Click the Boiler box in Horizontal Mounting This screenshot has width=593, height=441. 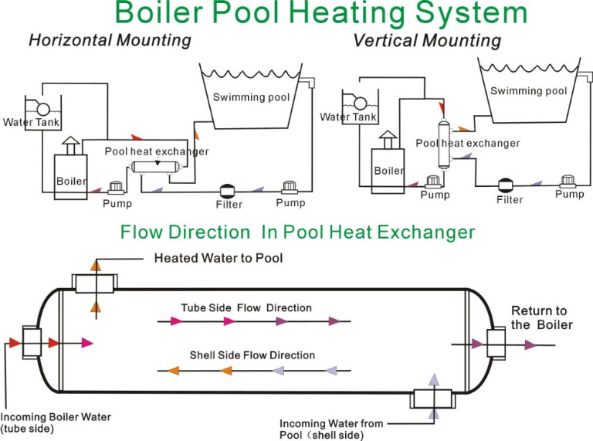coord(71,177)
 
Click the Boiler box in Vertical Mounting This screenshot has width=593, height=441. coord(388,171)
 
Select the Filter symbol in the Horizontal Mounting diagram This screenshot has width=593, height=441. coord(227,190)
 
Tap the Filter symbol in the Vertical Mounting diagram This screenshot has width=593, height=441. coord(505,185)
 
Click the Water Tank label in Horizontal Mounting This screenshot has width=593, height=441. coord(31,122)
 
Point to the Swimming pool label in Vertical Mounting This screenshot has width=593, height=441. coord(529,91)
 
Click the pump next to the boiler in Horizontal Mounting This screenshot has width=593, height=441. coord(116,188)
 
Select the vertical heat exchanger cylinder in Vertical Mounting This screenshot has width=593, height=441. coord(444,144)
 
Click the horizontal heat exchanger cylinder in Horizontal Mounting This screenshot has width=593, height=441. coord(156,167)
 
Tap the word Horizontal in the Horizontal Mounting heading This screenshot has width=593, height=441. coord(70,40)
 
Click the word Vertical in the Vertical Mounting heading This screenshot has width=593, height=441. coord(386,40)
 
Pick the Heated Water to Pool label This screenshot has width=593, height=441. coord(219,258)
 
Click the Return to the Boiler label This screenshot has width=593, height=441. coord(541,317)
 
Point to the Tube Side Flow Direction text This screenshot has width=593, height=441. coord(246,308)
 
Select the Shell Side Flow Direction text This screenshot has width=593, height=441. coord(252,355)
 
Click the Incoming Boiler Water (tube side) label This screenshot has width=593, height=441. coord(56,422)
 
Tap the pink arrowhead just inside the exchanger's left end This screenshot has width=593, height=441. coord(87,343)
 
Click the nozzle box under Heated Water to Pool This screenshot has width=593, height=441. coord(94,283)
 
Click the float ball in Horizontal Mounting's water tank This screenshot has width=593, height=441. coord(43,110)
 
